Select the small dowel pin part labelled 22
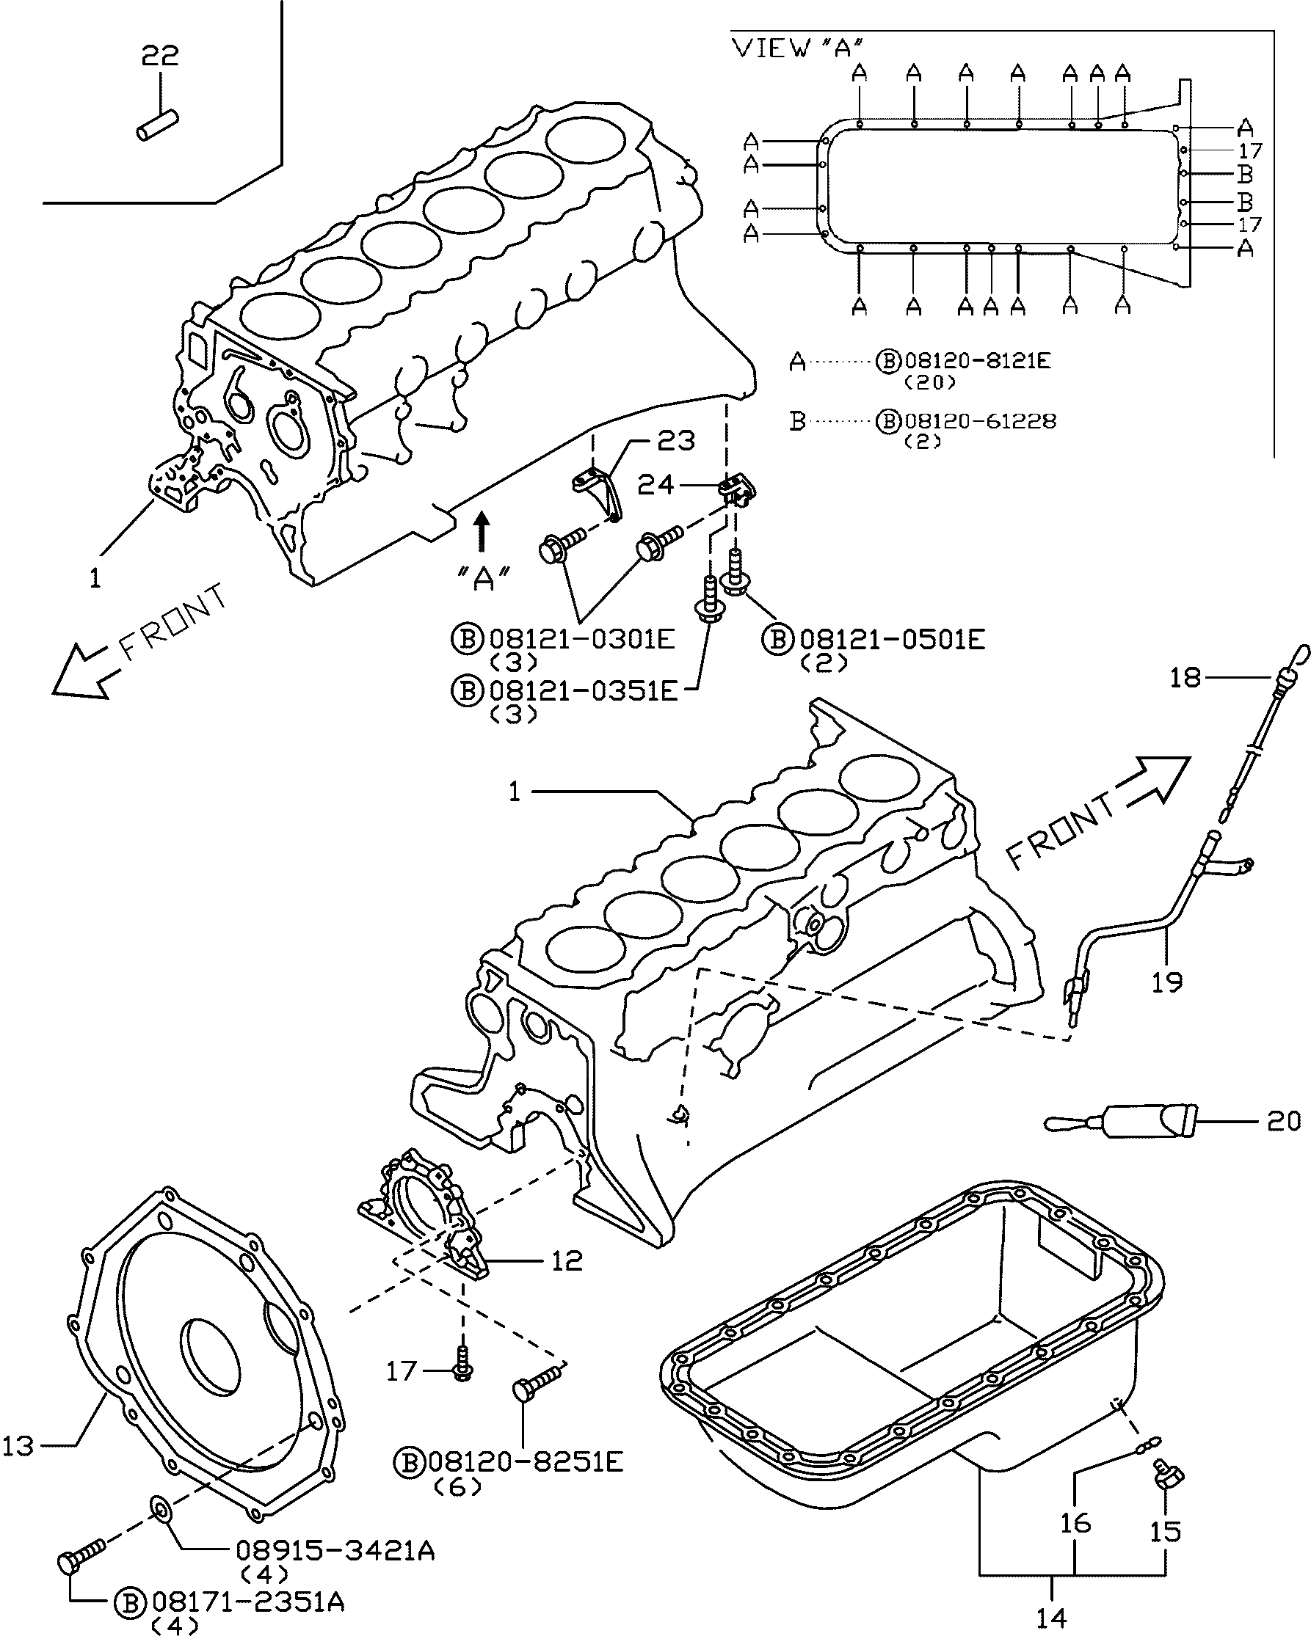point(157,125)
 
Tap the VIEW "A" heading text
point(798,48)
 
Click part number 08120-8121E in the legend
point(977,360)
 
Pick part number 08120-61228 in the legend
point(979,420)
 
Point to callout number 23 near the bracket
point(675,441)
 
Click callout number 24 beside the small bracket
point(656,484)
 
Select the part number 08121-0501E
point(892,640)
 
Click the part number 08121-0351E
point(582,690)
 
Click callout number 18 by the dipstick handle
point(1185,677)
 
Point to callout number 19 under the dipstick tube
point(1167,982)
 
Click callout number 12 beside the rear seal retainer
point(566,1261)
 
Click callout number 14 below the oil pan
point(1051,1618)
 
